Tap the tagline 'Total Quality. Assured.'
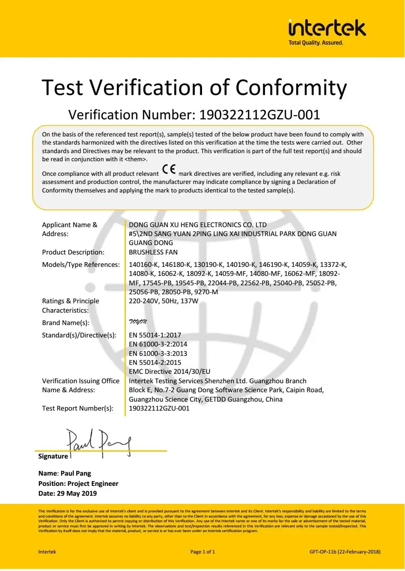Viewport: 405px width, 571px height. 316,43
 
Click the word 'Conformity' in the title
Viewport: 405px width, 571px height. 291,88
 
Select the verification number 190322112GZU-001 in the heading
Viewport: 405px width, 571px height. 260,115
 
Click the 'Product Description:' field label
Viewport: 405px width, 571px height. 73,252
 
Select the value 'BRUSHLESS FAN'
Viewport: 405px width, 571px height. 153,252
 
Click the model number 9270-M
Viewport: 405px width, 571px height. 206,292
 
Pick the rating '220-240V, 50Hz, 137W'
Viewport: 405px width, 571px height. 164,301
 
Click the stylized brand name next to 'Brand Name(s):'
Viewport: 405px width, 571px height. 138,322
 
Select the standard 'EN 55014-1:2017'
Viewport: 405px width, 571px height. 155,335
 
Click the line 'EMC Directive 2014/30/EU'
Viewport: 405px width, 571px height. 170,371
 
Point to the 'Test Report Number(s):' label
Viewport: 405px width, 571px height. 77,408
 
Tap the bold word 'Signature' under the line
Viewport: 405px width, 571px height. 53,456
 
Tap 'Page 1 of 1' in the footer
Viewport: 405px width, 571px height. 202,552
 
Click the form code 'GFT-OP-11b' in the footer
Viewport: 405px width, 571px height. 323,552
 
